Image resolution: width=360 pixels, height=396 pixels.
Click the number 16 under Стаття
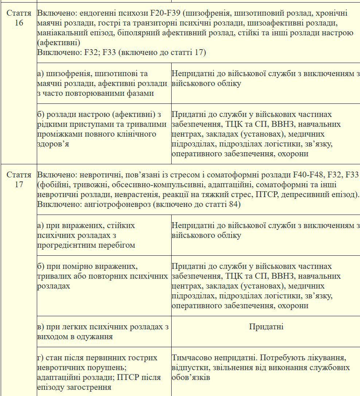(x=19, y=23)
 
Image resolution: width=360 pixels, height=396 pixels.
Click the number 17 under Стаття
(x=19, y=184)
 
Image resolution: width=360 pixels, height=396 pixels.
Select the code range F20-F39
(x=165, y=13)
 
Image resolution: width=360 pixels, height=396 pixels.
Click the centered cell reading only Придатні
(x=266, y=326)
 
